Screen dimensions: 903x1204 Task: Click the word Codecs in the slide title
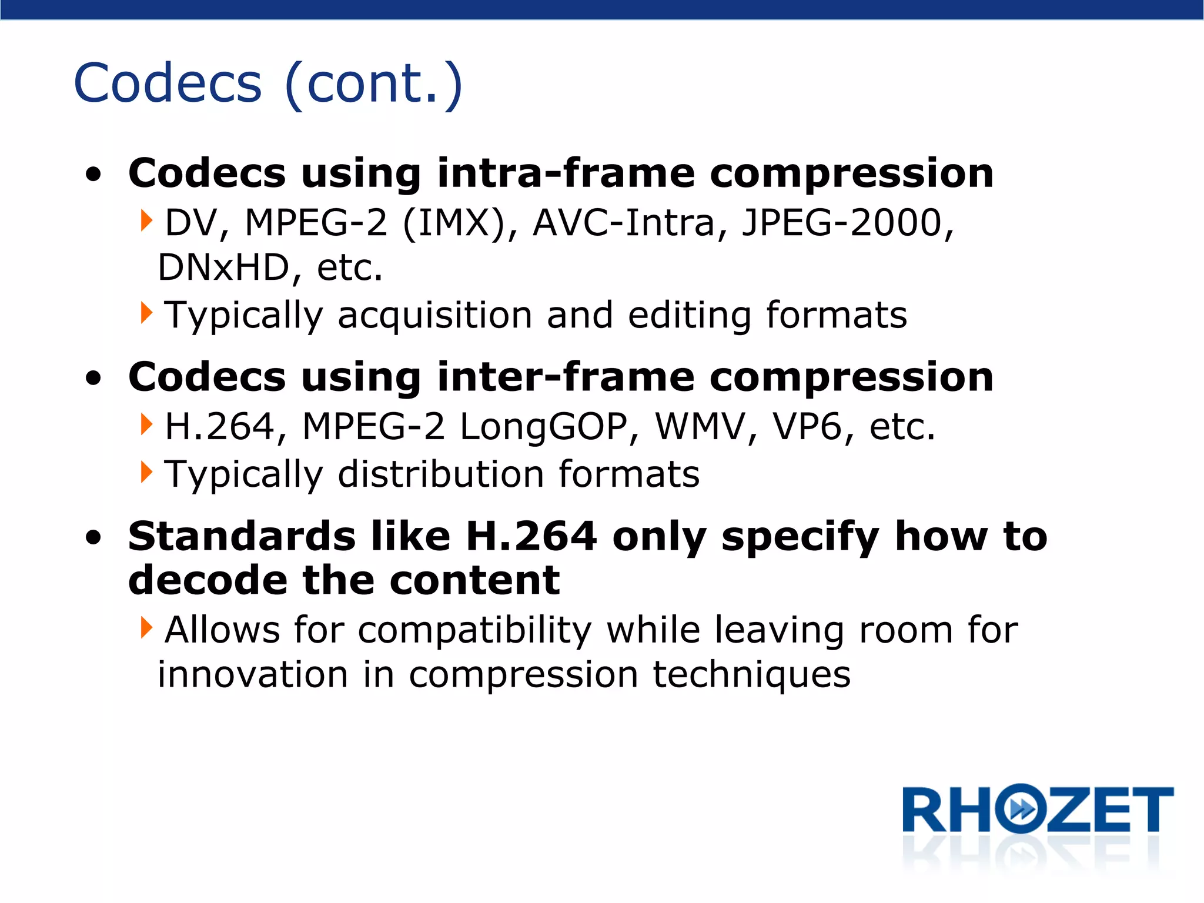coord(168,83)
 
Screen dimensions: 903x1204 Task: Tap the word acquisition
coord(434,316)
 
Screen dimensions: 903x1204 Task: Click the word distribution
coord(440,474)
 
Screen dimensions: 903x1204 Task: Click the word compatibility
coord(474,630)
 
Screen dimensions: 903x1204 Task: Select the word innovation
coord(253,675)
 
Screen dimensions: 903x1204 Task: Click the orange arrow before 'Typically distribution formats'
coord(146,472)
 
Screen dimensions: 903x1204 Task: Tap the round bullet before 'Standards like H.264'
coord(93,537)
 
